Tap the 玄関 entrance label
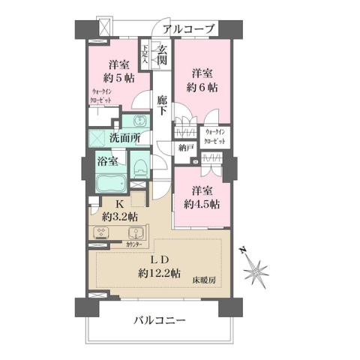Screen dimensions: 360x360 [161, 55]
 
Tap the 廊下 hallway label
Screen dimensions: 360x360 [161, 104]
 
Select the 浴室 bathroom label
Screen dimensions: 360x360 [107, 160]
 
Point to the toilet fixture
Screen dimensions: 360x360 [139, 166]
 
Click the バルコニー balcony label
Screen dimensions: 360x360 [160, 320]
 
